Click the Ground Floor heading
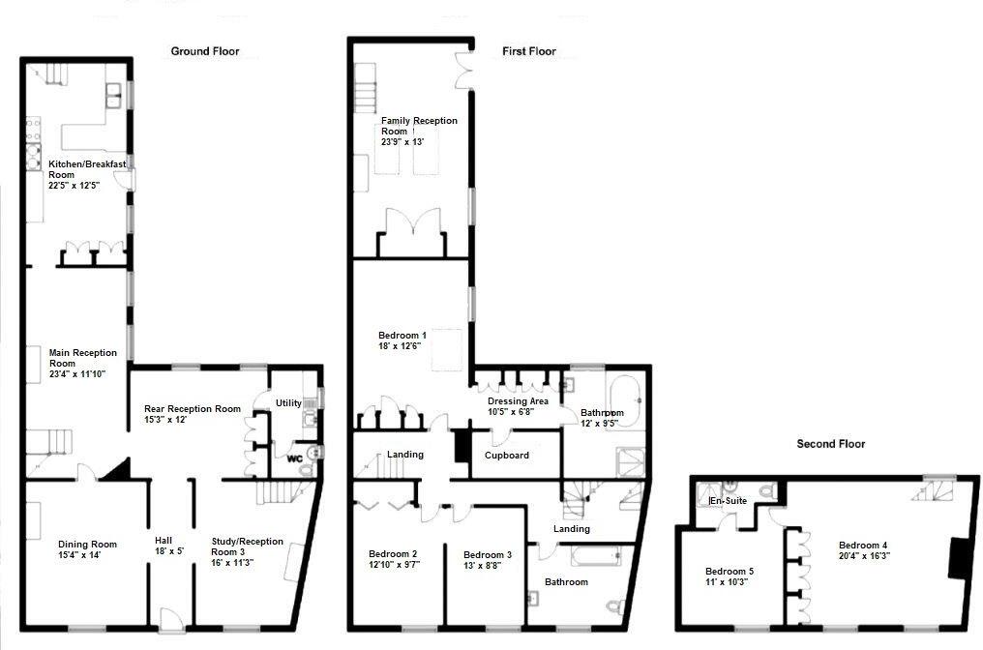[205, 51]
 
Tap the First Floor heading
[528, 51]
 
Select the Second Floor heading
[830, 444]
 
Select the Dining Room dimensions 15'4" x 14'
[86, 555]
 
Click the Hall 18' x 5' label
[171, 547]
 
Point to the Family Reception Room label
[418, 126]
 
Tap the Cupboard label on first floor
[506, 455]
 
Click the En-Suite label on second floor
[730, 501]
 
